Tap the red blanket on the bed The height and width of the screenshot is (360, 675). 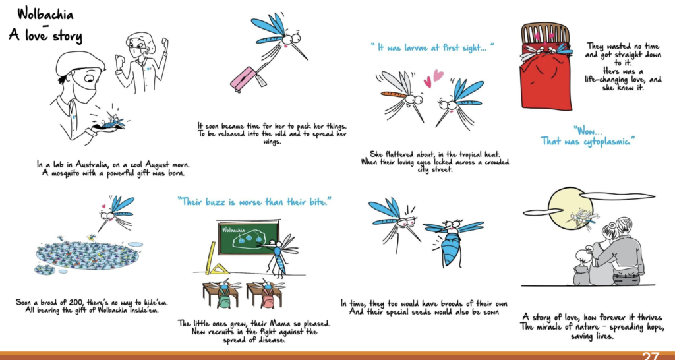[x=544, y=86]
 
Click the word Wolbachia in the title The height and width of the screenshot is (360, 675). [x=45, y=15]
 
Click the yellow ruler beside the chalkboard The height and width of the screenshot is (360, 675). [x=210, y=258]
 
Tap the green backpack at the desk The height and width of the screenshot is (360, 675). [x=223, y=299]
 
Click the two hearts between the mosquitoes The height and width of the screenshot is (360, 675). [x=433, y=78]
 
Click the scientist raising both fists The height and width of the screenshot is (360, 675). [x=142, y=60]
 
